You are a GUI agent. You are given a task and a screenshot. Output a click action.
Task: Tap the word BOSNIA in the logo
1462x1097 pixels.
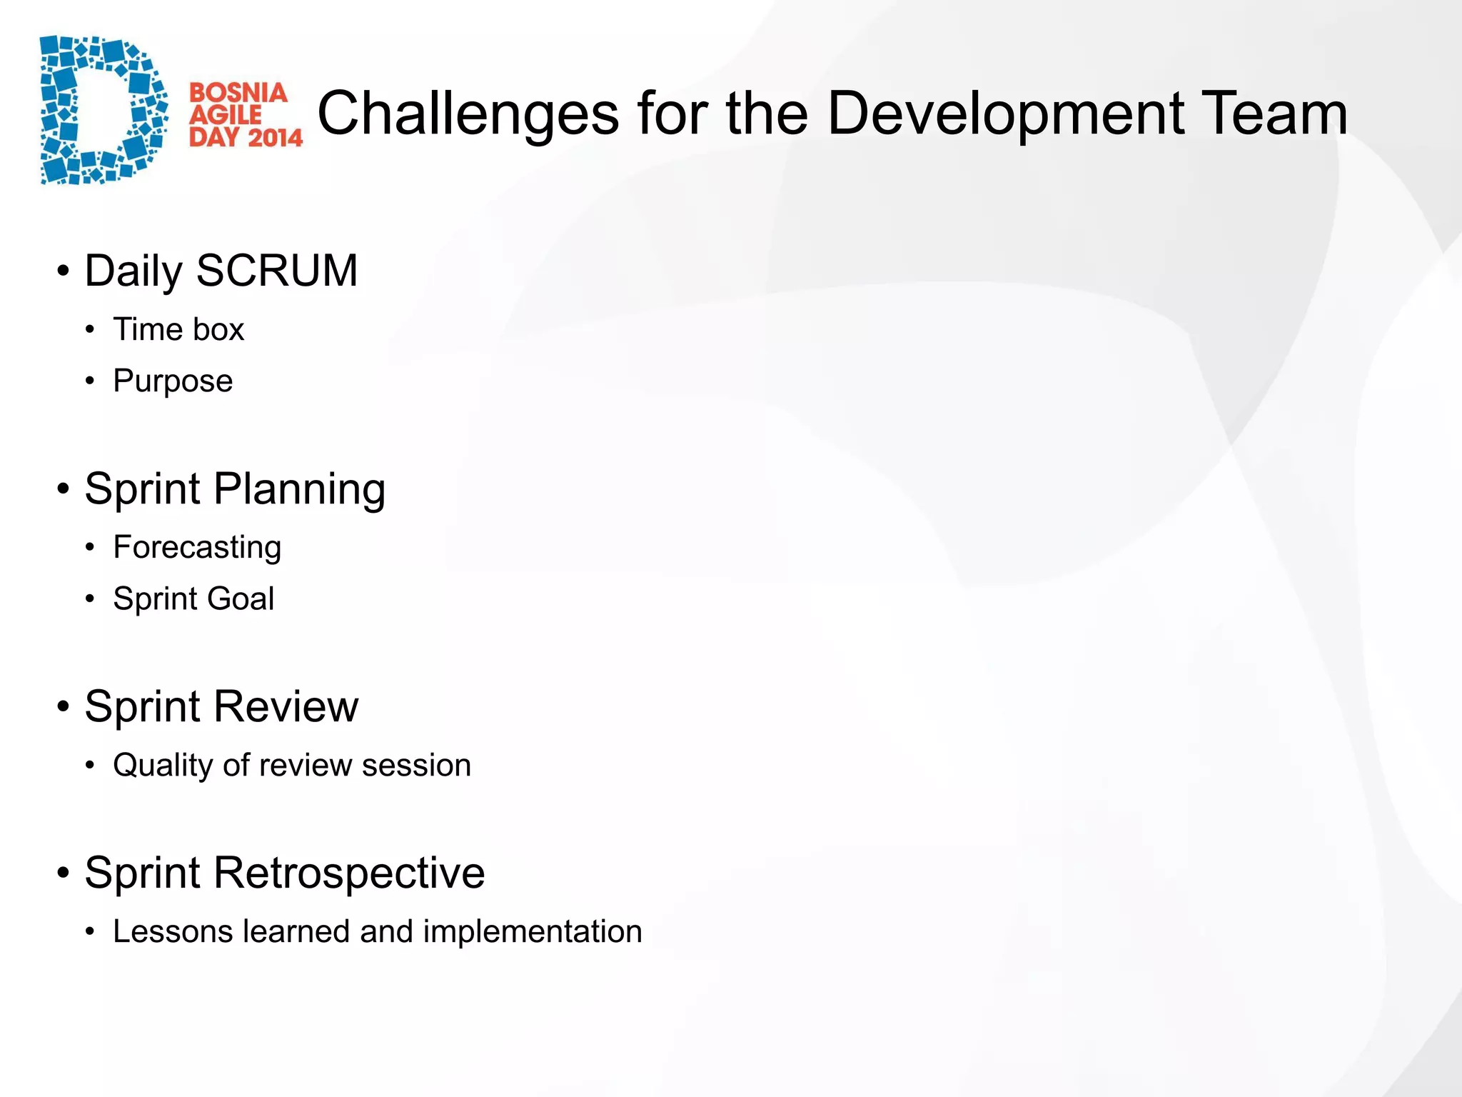pos(238,93)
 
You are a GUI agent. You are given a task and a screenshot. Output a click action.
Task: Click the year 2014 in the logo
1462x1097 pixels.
pos(275,136)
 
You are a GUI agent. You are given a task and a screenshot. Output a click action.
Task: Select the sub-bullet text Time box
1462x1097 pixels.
pos(178,330)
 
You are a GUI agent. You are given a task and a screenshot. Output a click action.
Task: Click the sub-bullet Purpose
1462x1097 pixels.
pos(173,381)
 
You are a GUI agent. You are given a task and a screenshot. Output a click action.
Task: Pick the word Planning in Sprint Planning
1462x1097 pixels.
pos(299,490)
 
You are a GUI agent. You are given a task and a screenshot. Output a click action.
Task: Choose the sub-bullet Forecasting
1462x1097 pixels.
pos(197,548)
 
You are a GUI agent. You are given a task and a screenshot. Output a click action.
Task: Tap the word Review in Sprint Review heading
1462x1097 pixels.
pos(286,707)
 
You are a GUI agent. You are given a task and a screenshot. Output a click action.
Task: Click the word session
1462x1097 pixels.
pos(416,766)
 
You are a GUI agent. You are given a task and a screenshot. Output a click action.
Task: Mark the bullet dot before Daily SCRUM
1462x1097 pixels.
pos(64,271)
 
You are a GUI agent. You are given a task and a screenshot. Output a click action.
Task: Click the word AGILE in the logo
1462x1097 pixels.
pos(225,115)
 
